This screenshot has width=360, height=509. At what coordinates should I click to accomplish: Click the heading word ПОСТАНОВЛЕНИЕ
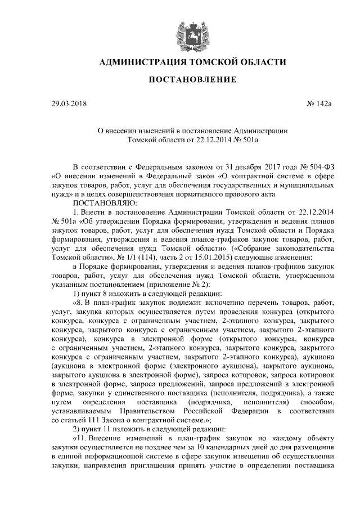184,80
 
